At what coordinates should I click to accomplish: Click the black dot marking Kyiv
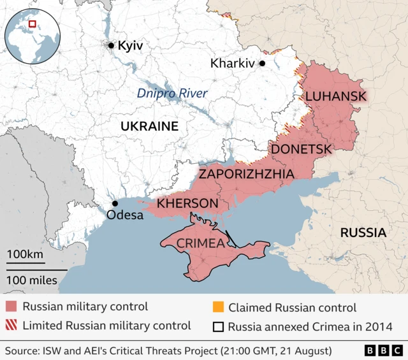[111, 45]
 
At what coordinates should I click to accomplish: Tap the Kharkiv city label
[232, 64]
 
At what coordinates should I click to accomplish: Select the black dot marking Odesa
[115, 203]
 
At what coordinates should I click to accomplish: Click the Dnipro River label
[172, 94]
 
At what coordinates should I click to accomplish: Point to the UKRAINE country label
[149, 126]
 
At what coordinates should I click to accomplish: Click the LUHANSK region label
[336, 96]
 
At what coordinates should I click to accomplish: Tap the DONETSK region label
[302, 149]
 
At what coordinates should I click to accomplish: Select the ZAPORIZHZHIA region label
[246, 173]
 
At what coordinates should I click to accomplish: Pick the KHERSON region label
[187, 203]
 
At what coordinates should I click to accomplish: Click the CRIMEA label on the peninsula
[200, 243]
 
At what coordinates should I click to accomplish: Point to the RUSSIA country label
[363, 233]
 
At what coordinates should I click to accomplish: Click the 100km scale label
[25, 256]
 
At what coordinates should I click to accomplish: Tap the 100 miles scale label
[33, 279]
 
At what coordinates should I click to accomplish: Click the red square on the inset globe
[32, 24]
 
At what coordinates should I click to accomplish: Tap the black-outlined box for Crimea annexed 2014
[217, 328]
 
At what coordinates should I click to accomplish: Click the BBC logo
[382, 350]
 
